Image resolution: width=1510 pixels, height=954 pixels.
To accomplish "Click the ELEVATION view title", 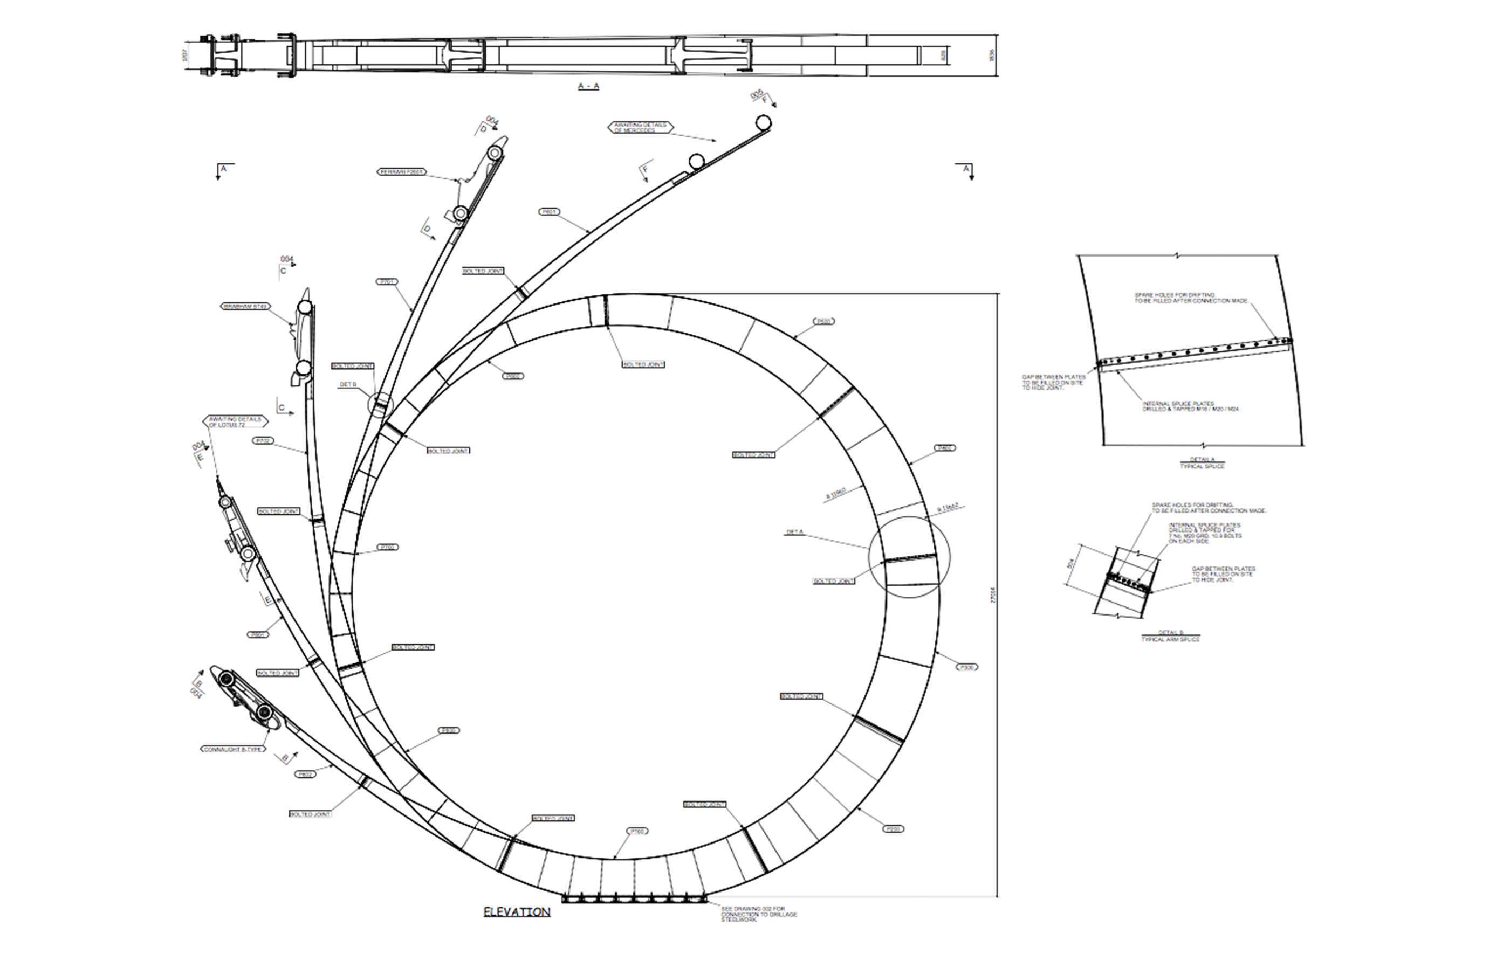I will (517, 912).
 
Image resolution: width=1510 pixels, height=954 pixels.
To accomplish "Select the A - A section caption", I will (588, 86).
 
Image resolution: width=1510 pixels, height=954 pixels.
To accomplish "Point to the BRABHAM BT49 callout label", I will (245, 307).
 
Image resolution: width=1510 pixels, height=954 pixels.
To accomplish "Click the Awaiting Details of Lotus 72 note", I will (235, 422).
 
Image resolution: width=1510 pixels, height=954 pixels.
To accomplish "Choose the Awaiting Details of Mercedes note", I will (640, 127).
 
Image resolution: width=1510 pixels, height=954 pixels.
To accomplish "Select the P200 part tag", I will (894, 829).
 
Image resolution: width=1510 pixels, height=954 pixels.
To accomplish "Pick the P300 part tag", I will (966, 668).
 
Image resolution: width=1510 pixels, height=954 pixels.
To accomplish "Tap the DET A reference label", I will (794, 532).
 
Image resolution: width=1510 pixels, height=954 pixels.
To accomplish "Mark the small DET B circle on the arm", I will (379, 405).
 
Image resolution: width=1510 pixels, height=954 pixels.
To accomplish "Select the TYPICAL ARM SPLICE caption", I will (1170, 639).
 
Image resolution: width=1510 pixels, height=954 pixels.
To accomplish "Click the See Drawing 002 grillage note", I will (759, 915).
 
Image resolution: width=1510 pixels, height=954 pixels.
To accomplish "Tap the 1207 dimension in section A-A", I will (185, 56).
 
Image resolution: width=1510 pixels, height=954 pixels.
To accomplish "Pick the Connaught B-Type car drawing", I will (244, 697).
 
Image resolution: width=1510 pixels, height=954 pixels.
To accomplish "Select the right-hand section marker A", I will (966, 170).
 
